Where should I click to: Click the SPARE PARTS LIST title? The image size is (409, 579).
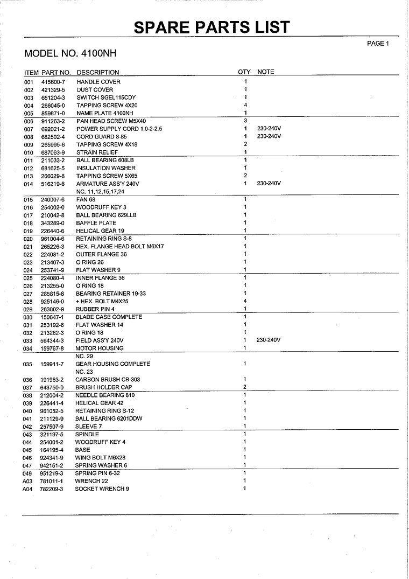pyautogui.click(x=211, y=27)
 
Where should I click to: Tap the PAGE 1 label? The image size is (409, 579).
pyautogui.click(x=377, y=44)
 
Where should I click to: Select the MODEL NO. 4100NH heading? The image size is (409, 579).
pyautogui.click(x=70, y=54)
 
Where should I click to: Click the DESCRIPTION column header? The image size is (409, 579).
pyautogui.click(x=98, y=72)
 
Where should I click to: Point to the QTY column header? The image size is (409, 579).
pyautogui.click(x=244, y=72)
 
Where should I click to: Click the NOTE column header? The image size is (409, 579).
pyautogui.click(x=266, y=72)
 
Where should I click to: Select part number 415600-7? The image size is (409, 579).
pyautogui.click(x=53, y=82)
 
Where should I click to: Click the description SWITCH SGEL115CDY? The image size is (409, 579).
pyautogui.click(x=106, y=97)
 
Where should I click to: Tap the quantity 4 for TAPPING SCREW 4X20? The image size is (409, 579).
pyautogui.click(x=245, y=105)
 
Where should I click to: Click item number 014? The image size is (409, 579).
pyautogui.click(x=29, y=184)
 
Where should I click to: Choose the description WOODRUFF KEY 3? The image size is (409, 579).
pyautogui.click(x=101, y=207)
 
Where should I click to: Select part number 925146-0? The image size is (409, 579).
pyautogui.click(x=52, y=302)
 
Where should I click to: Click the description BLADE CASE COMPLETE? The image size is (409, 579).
pyautogui.click(x=109, y=317)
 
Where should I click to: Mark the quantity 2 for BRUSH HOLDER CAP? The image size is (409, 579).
pyautogui.click(x=245, y=387)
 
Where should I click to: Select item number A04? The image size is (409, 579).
pyautogui.click(x=28, y=489)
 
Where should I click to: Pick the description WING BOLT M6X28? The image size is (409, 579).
pyautogui.click(x=101, y=458)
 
